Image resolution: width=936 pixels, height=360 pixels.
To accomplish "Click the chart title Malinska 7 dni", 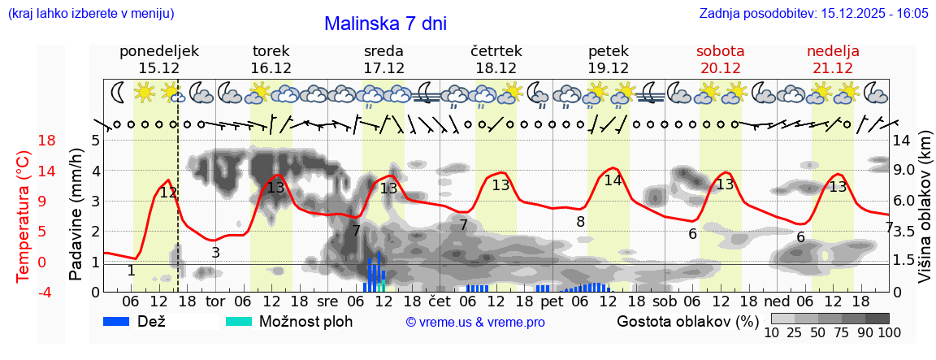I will (385, 24).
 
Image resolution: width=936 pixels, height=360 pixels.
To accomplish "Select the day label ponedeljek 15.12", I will (159, 59).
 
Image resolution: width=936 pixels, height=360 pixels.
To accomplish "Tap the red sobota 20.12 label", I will (720, 59).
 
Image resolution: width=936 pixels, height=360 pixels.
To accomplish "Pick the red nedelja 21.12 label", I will (833, 59).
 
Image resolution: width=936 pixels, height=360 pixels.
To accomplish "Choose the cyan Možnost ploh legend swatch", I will (240, 321).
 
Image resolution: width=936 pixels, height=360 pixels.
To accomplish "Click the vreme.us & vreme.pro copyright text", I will (475, 322).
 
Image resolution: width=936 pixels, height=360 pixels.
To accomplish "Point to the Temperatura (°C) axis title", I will (23, 215).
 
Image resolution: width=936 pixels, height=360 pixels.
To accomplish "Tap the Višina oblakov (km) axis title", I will (925, 215).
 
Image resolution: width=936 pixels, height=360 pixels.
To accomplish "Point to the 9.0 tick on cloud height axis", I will (905, 171).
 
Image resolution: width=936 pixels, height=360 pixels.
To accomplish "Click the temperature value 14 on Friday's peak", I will (612, 180).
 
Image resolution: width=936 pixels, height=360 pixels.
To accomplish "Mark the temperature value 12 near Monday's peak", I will (168, 193).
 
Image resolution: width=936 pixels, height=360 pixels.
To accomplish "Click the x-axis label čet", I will (439, 302).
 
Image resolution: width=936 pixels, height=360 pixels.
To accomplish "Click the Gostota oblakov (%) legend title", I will (688, 321).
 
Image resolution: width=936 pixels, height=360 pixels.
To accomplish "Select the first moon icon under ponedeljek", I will (118, 92).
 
